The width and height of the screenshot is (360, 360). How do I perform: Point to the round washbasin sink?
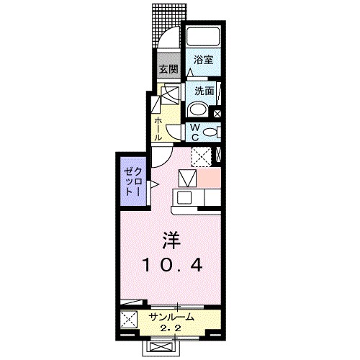197,110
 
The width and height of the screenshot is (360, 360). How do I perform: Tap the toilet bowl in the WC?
210,132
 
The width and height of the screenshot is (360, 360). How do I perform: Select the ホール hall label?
158,127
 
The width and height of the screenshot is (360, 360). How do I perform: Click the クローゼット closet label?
130,181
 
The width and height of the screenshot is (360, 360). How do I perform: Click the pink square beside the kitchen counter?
210,178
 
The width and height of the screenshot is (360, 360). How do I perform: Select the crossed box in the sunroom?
129,320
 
